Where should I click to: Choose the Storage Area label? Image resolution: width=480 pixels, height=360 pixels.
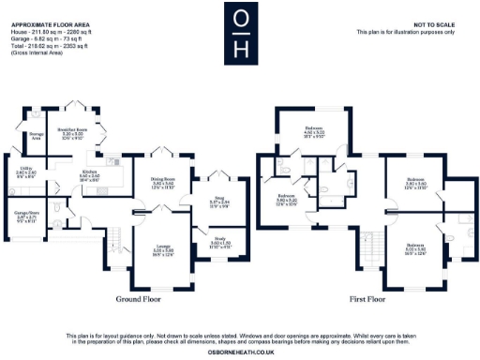pos(37,137)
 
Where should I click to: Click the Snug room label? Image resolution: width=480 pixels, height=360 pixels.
pos(219,202)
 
